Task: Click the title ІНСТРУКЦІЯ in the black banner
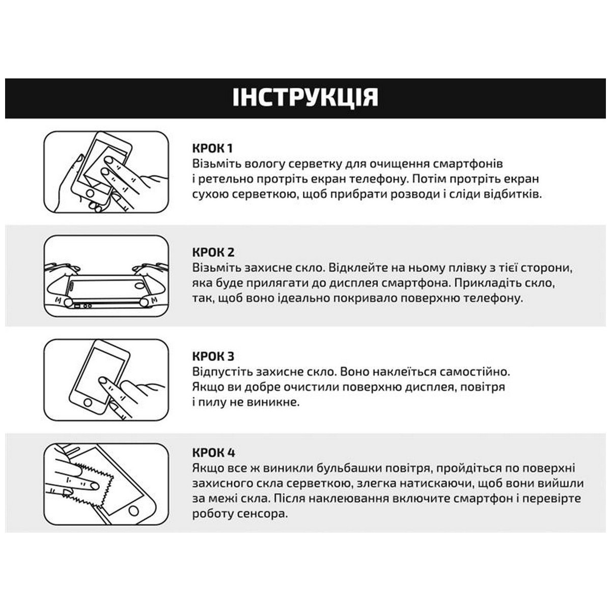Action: click(305, 97)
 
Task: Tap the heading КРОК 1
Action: click(212, 148)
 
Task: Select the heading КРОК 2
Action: click(213, 253)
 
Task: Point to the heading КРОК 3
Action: click(213, 356)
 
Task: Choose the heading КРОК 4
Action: click(213, 453)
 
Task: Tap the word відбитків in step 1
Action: click(511, 194)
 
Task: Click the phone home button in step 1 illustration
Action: click(90, 193)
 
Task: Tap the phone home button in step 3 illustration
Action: click(88, 403)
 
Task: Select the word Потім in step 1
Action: click(433, 179)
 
